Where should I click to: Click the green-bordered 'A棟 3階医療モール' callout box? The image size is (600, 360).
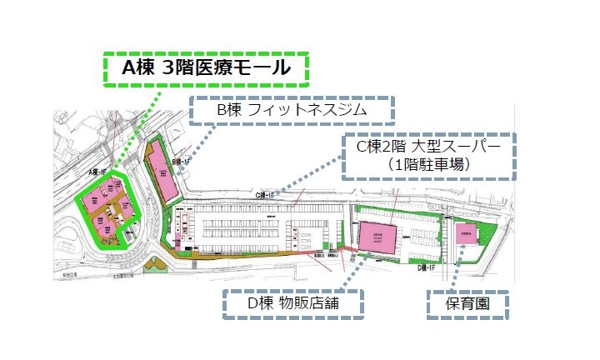205,69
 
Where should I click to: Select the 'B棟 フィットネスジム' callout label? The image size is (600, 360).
291,109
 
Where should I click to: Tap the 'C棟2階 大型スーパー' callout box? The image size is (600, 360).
429,156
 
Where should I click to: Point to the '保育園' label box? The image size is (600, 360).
467,304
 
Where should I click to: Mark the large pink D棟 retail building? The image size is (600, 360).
380,238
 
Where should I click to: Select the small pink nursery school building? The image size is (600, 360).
466,233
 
